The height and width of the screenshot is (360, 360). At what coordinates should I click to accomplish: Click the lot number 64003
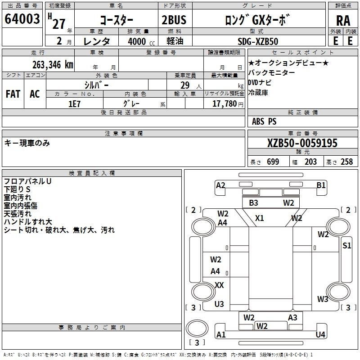(22, 18)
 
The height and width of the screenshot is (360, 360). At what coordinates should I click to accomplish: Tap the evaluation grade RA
(343, 21)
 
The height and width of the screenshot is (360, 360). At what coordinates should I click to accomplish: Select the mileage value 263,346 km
(53, 65)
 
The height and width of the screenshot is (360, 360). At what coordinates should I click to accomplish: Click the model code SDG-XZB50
(258, 41)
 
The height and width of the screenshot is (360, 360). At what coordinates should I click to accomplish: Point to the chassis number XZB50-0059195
(302, 143)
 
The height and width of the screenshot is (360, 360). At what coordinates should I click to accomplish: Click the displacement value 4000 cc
(141, 41)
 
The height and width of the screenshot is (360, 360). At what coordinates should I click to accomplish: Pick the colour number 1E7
(74, 104)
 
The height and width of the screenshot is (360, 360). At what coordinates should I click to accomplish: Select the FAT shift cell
(13, 94)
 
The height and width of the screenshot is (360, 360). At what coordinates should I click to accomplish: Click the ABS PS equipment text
(264, 121)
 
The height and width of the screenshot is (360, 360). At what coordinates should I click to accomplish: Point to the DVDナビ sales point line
(260, 82)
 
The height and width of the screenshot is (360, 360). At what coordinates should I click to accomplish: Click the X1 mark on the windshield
(260, 218)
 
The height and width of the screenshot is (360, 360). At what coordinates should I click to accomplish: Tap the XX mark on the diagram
(219, 285)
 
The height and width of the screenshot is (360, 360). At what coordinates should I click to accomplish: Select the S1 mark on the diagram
(346, 246)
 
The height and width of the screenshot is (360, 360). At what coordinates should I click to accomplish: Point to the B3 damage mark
(253, 203)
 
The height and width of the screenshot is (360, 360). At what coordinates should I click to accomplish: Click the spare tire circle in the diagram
(197, 328)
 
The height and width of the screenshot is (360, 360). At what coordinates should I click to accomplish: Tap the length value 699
(273, 162)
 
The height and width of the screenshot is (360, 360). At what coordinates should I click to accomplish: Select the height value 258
(346, 162)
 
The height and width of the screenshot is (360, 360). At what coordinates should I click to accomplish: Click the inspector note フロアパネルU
(27, 181)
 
